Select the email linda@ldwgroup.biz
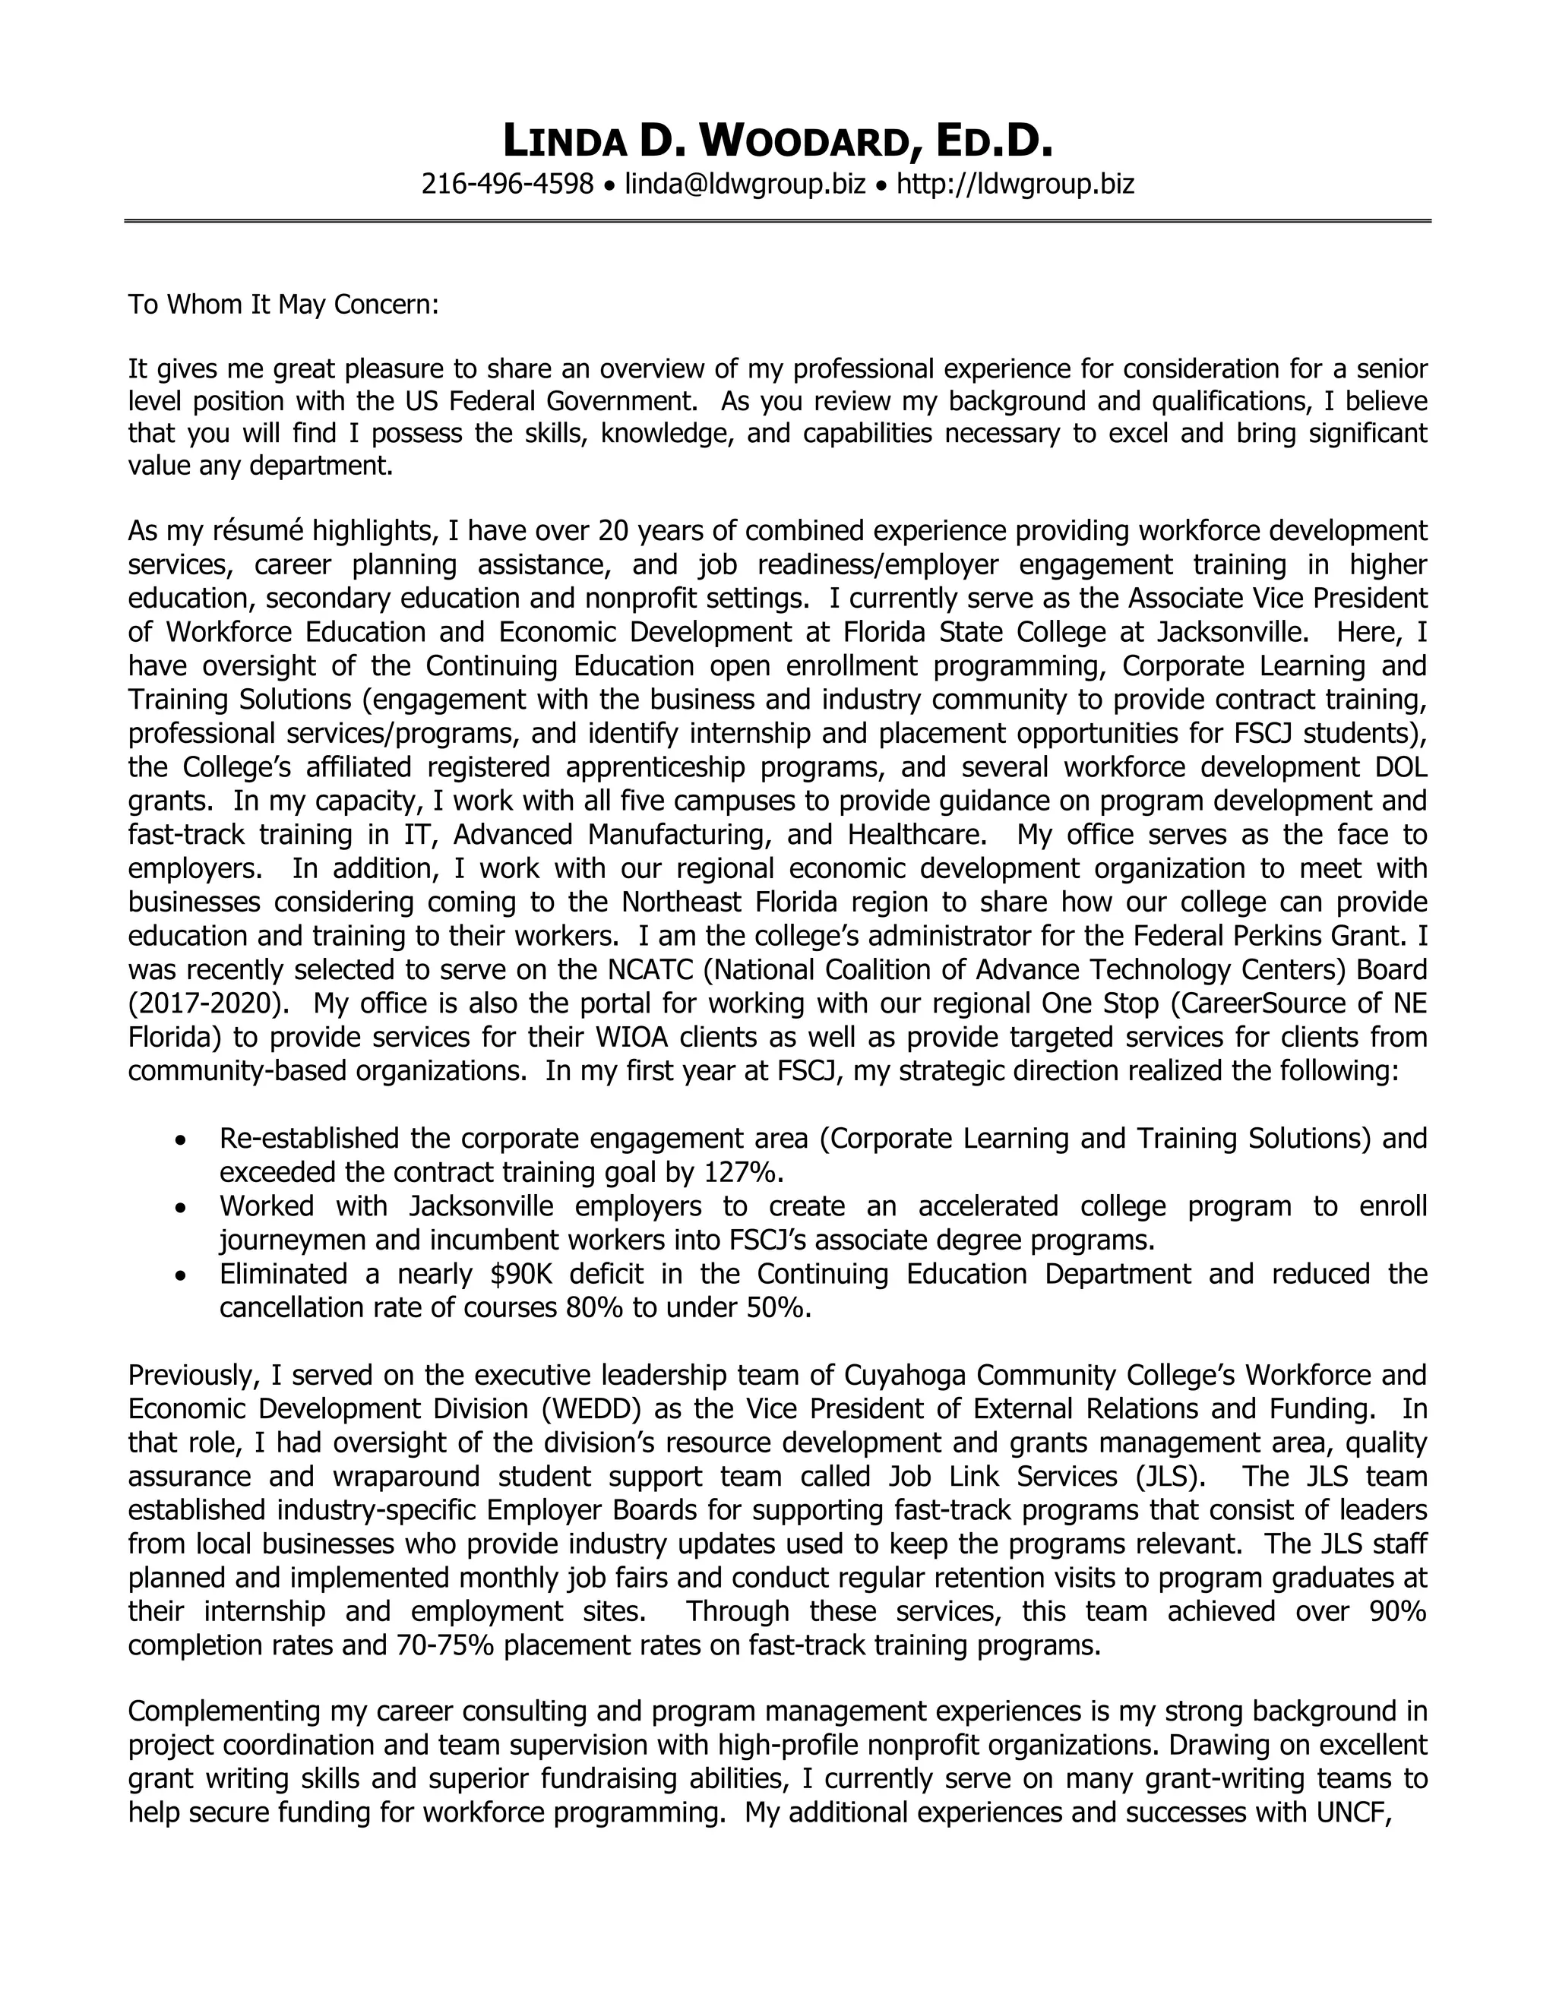745,185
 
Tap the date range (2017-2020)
208,1003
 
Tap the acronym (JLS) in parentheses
1172,1476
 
